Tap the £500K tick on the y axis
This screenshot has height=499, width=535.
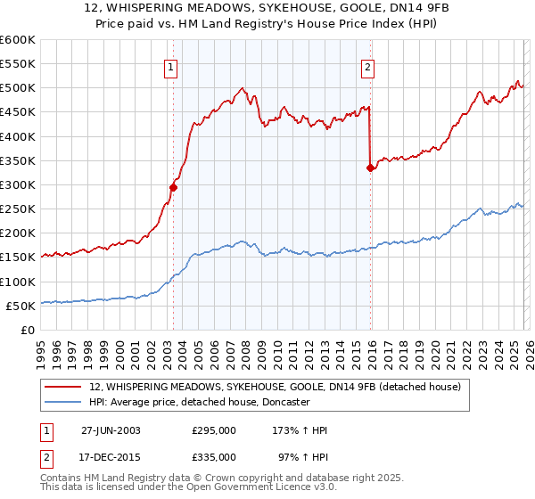tap(18, 88)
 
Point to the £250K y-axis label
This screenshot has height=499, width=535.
tap(18, 209)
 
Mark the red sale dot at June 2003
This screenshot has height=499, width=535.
tap(174, 187)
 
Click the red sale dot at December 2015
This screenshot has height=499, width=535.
tap(370, 168)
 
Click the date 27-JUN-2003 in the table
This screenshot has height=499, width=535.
tap(111, 430)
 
